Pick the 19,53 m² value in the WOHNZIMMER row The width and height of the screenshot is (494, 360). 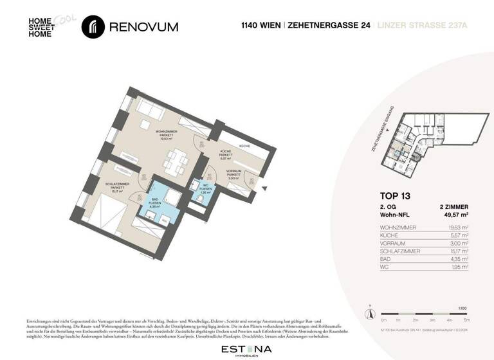tap(457, 228)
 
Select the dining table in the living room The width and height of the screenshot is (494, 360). tap(173, 161)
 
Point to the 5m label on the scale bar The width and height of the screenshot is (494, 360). tap(467, 319)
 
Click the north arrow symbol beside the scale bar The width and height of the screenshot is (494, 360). tap(369, 313)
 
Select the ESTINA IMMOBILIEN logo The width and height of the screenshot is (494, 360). tap(246, 350)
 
